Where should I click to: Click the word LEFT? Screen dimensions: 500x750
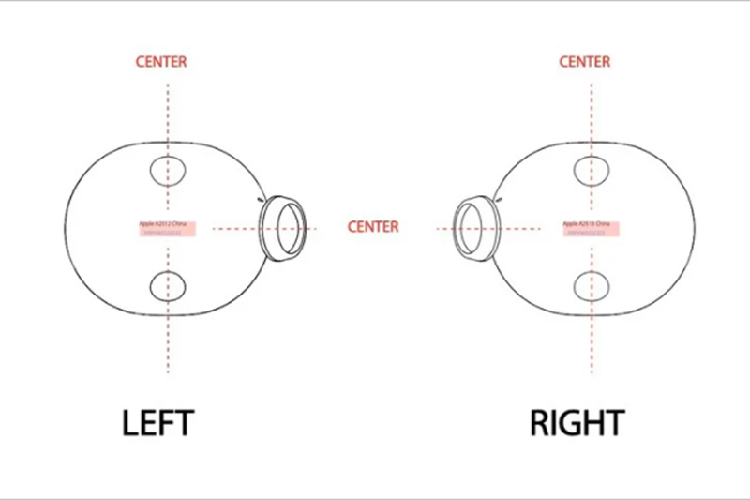[x=157, y=422]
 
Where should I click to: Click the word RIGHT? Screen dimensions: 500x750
[x=577, y=422]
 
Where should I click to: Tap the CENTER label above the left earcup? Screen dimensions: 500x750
[x=161, y=62]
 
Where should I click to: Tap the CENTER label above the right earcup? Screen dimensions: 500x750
[x=585, y=62]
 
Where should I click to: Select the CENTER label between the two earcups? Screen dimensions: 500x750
[x=372, y=227]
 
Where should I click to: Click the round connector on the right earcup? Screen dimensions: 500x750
[x=473, y=227]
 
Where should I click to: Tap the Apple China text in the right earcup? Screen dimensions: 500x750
[x=587, y=224]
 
